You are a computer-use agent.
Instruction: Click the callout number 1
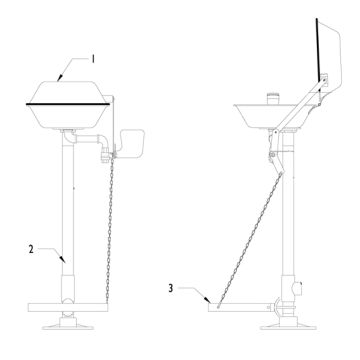[x=93, y=59]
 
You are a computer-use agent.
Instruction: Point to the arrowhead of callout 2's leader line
[x=67, y=262]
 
